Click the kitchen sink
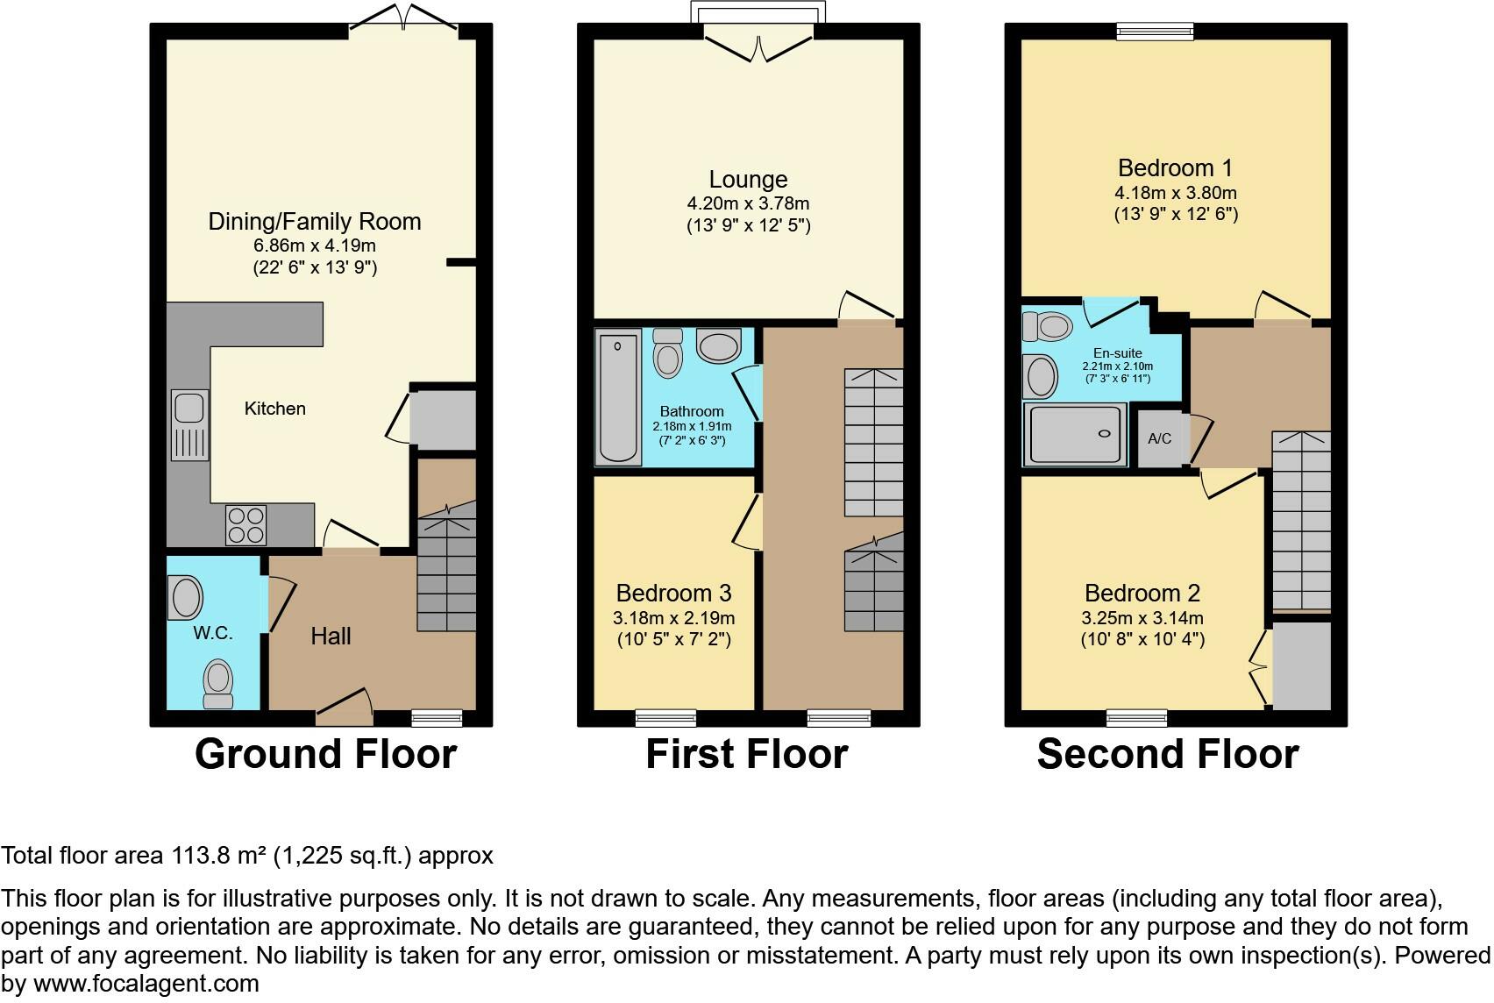[x=190, y=424]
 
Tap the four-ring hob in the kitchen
[x=245, y=524]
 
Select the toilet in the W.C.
[x=217, y=683]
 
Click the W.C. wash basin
[x=185, y=597]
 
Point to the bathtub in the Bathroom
[x=618, y=395]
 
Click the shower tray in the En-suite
[x=1075, y=434]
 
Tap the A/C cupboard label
[x=1159, y=438]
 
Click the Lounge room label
[x=748, y=180]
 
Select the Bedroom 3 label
[x=673, y=594]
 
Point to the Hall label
[x=331, y=637]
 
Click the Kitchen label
[x=274, y=409]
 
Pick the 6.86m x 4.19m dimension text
[x=314, y=245]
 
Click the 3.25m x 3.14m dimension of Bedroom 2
[x=1142, y=618]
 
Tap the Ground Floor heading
[x=325, y=754]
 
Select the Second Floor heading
[x=1167, y=754]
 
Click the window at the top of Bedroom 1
[x=1155, y=32]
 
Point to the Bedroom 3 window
[x=665, y=718]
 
